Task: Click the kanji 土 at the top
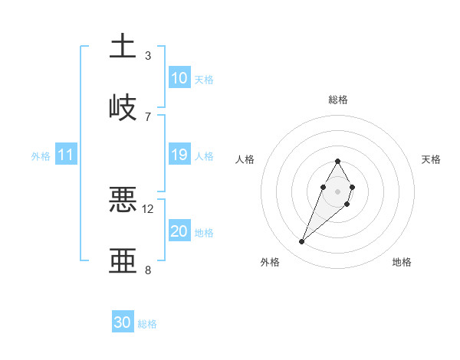123,45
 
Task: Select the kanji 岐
123,106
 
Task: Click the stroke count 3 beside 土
148,55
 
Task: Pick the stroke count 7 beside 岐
148,116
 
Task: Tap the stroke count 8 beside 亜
148,270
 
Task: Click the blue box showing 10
179,78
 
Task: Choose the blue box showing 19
179,155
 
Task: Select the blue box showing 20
179,231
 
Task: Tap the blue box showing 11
66,155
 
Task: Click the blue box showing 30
123,322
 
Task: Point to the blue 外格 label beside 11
41,155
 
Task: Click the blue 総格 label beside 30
147,324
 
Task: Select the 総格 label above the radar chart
338,100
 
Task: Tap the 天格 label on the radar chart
431,159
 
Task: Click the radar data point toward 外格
301,242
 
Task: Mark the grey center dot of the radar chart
338,191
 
